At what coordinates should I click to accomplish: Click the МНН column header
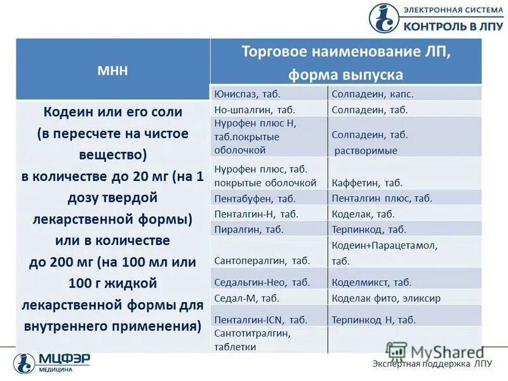tap(112, 70)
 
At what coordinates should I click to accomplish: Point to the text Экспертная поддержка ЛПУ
tap(432, 364)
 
